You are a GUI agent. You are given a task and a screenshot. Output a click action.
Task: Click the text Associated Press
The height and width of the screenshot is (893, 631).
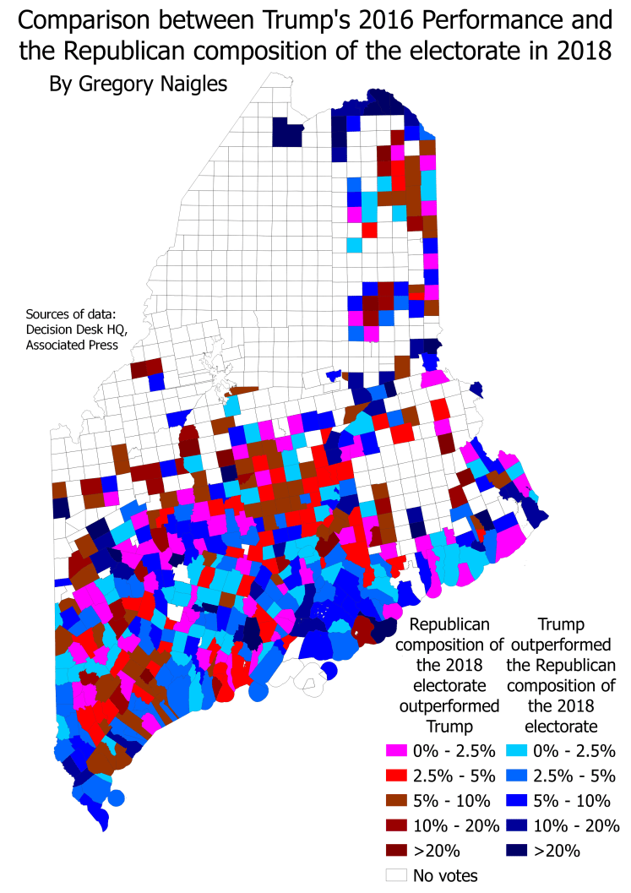[72, 344]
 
